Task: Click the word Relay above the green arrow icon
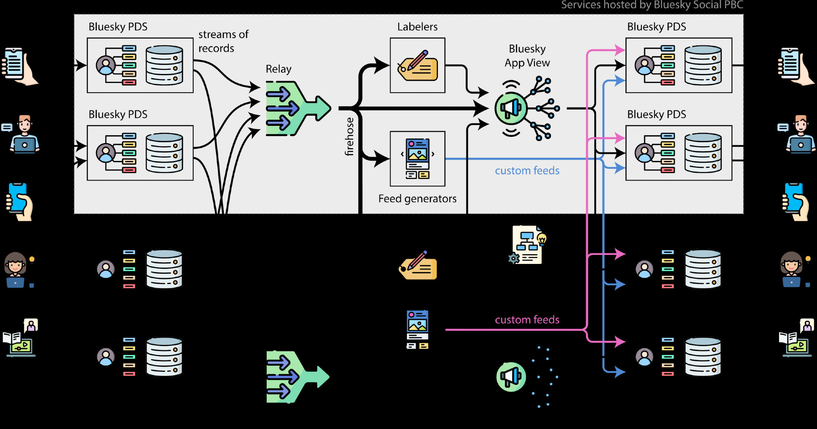click(279, 69)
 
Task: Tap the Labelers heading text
click(417, 27)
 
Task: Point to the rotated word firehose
click(349, 137)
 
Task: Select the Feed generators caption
click(417, 199)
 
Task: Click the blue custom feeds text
click(527, 171)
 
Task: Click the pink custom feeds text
click(527, 320)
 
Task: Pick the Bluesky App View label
click(527, 56)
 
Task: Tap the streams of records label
click(223, 41)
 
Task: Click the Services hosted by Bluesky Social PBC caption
click(652, 5)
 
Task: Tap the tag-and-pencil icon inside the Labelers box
click(417, 66)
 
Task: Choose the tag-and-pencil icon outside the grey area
click(418, 266)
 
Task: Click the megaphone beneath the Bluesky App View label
click(511, 108)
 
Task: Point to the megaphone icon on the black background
click(511, 377)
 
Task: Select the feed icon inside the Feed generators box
click(417, 159)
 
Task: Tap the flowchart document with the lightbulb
click(527, 245)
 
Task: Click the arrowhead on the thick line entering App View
click(482, 108)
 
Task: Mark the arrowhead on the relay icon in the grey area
click(323, 108)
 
